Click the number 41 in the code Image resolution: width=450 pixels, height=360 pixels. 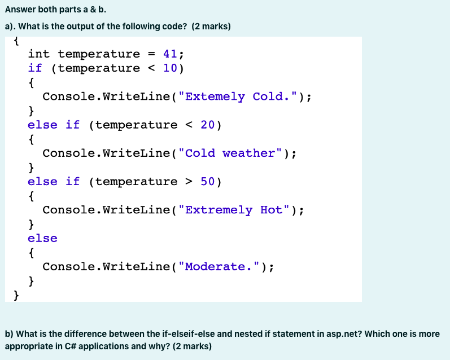[x=170, y=54]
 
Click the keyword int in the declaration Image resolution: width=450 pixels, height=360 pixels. [x=39, y=54]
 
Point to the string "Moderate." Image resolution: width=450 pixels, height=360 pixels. [x=223, y=266]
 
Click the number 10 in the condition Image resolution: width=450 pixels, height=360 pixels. [x=170, y=68]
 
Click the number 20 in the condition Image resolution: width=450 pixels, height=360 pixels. [x=208, y=125]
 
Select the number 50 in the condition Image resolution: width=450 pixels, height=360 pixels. [x=208, y=181]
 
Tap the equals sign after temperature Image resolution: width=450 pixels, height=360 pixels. [x=151, y=55]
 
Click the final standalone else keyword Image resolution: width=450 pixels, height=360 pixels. [x=42, y=238]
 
